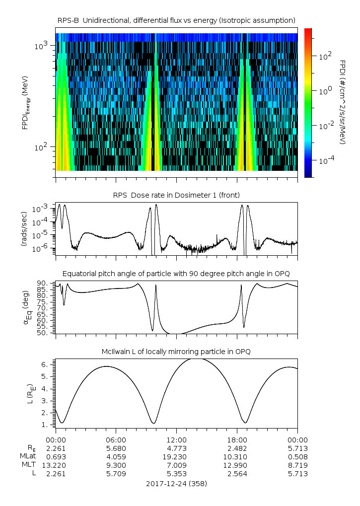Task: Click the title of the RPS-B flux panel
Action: (x=176, y=20)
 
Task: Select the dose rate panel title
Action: (x=176, y=194)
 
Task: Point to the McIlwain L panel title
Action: (x=176, y=352)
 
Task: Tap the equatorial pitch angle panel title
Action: (x=176, y=274)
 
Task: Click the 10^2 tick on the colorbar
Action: (x=325, y=56)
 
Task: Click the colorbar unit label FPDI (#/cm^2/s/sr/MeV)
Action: (x=343, y=102)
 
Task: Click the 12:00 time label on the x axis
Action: (x=176, y=439)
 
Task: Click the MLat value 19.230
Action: (x=176, y=456)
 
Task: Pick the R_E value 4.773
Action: (x=176, y=448)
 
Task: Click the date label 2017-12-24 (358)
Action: (x=176, y=483)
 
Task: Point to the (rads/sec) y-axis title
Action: (x=25, y=228)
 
